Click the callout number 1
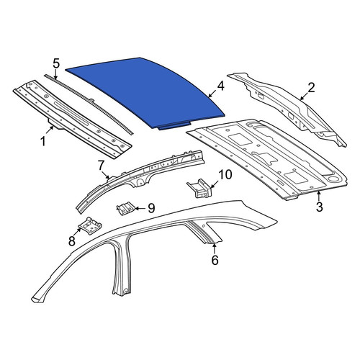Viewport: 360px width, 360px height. tap(43, 141)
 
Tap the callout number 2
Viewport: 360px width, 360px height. tap(311, 88)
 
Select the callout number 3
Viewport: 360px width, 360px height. tap(319, 207)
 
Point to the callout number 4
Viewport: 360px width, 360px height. tap(220, 86)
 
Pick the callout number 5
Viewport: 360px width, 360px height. tap(55, 64)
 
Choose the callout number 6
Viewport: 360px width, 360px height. tap(215, 260)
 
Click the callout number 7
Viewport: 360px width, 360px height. tap(101, 166)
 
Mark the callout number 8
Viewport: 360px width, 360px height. tap(72, 240)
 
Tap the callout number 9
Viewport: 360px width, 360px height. tap(151, 208)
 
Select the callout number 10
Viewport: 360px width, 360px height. tap(225, 174)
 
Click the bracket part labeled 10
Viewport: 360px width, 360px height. tap(200, 189)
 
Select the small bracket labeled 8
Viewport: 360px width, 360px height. tap(90, 225)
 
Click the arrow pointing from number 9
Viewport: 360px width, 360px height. tap(140, 208)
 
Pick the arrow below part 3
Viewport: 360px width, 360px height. tap(319, 196)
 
